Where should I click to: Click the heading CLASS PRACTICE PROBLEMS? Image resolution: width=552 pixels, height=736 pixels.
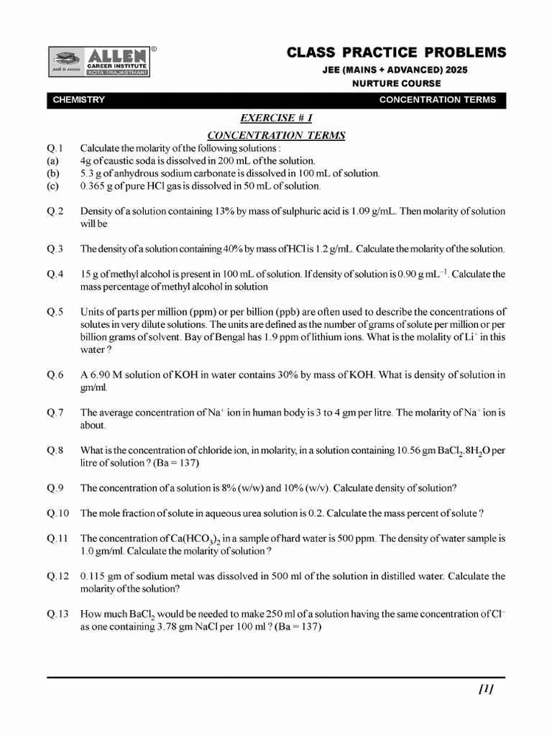[x=396, y=52]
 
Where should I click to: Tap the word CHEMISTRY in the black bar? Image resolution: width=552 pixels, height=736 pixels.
[x=79, y=100]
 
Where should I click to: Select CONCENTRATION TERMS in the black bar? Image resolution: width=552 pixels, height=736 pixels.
[x=437, y=100]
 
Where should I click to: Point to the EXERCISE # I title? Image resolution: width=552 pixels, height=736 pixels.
[x=276, y=118]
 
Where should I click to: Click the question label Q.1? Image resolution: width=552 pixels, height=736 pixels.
[x=56, y=147]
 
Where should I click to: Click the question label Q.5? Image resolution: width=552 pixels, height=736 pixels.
[x=56, y=312]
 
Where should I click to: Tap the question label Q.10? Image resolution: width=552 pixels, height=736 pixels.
[x=58, y=513]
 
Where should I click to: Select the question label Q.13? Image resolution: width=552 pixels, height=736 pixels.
[x=58, y=614]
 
